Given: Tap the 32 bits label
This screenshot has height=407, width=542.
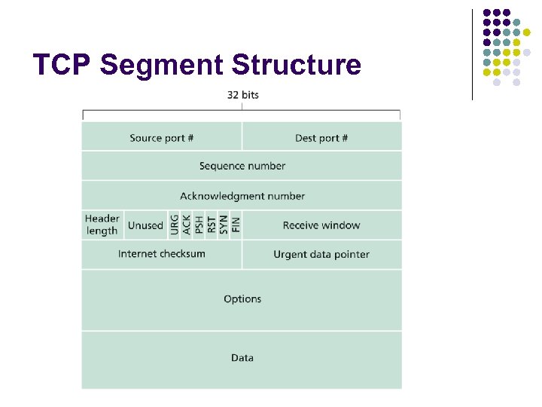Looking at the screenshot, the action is click(242, 95).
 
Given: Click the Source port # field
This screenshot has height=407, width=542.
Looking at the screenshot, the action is click(162, 138).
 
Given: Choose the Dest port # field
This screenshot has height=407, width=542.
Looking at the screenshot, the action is click(321, 138).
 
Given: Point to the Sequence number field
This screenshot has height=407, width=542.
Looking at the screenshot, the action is click(242, 166).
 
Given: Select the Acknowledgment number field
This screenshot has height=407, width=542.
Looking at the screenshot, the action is click(242, 196).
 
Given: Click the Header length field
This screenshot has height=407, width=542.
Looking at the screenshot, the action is click(102, 225).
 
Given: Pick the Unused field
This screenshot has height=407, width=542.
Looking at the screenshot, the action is click(145, 225).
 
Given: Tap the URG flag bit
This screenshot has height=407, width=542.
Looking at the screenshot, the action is click(175, 225).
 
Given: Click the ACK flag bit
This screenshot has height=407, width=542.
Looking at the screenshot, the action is click(187, 225).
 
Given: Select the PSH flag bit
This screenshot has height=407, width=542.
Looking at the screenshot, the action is click(199, 225).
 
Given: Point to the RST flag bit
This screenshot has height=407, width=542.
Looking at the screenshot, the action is click(212, 225).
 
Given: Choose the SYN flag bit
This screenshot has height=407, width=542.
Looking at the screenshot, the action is click(224, 225).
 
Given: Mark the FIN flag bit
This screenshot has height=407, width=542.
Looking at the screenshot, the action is click(236, 225).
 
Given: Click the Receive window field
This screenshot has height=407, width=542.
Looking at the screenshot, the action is click(321, 225).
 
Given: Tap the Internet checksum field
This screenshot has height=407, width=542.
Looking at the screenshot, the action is click(162, 254).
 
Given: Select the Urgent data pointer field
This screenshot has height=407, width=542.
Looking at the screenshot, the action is click(321, 255).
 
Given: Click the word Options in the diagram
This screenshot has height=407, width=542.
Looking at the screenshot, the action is click(242, 299).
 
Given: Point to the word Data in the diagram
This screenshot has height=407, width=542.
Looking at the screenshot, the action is click(242, 358).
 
